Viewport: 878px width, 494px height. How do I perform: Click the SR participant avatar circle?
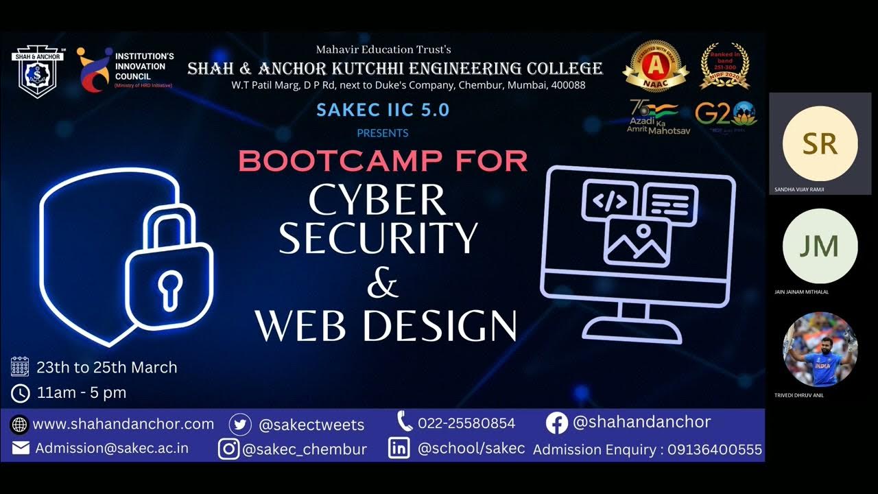pyautogui.click(x=820, y=143)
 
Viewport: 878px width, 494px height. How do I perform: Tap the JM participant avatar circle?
pyautogui.click(x=820, y=246)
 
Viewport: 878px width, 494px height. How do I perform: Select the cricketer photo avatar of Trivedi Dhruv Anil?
pyautogui.click(x=820, y=349)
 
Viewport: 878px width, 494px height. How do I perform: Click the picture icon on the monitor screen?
pyautogui.click(x=637, y=242)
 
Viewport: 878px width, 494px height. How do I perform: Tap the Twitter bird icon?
pyautogui.click(x=240, y=425)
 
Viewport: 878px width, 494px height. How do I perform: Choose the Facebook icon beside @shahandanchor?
pyautogui.click(x=557, y=423)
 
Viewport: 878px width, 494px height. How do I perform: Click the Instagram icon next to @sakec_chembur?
pyautogui.click(x=229, y=449)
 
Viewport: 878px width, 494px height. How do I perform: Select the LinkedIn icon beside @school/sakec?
pyautogui.click(x=399, y=449)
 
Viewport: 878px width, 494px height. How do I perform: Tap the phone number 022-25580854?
pyautogui.click(x=466, y=423)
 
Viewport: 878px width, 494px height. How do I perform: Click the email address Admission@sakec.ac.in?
pyautogui.click(x=112, y=448)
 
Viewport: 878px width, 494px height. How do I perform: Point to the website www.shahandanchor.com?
pyautogui.click(x=123, y=424)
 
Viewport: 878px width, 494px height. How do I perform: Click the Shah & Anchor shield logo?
pyautogui.click(x=37, y=72)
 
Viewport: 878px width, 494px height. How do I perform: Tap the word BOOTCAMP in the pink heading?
pyautogui.click(x=329, y=161)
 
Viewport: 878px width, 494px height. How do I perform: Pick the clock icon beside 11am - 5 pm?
pyautogui.click(x=21, y=393)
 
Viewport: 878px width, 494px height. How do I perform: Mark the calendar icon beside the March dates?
pyautogui.click(x=20, y=367)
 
